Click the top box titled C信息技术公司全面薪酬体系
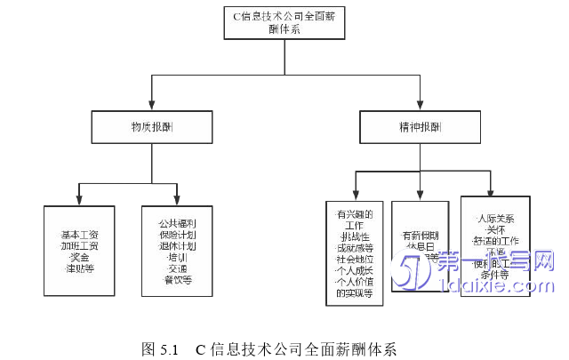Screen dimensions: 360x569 pos(284,21)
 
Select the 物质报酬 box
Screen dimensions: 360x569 pos(151,127)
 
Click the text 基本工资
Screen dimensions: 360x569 pos(80,234)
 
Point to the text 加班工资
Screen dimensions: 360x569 pos(80,245)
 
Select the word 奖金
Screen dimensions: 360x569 pos(80,257)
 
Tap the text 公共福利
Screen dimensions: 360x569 pos(179,222)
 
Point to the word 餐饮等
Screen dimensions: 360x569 pos(179,280)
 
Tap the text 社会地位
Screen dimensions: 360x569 pos(355,259)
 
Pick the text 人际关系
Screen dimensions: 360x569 pos(495,218)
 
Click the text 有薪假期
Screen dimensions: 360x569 pos(420,236)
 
